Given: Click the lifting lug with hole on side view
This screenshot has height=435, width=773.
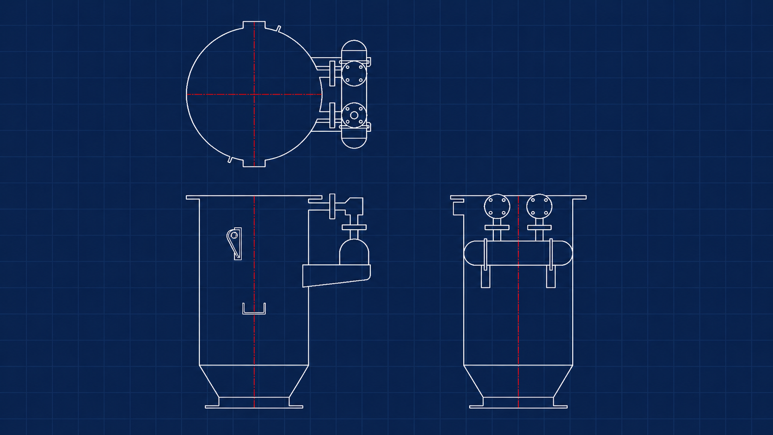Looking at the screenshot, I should (234, 242).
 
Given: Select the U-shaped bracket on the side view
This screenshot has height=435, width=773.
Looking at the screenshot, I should (254, 312).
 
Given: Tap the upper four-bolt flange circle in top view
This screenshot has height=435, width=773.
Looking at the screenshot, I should (354, 73).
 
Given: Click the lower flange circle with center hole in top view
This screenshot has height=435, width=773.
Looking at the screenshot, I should (354, 115).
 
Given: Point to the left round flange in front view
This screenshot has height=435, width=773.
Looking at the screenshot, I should (497, 207).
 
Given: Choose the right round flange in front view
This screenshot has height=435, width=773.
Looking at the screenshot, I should (539, 207).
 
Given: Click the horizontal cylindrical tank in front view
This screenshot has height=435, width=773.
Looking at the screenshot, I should (518, 253).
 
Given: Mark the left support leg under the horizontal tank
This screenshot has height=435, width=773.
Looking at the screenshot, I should (485, 277).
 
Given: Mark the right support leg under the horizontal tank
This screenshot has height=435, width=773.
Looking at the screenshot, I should (551, 277).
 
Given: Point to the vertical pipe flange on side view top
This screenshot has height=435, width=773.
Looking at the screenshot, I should (332, 206).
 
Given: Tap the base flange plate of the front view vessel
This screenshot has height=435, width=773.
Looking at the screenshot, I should (518, 407).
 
